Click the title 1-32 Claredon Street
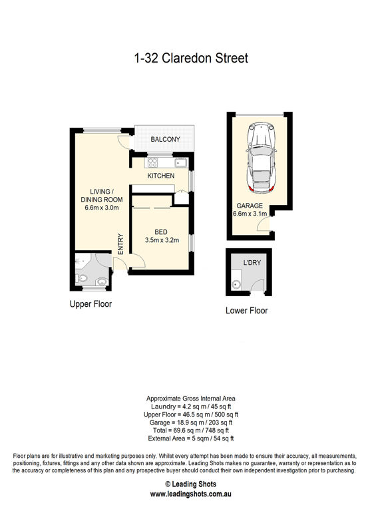tap(191, 58)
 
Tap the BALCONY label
tap(165, 139)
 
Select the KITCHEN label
tap(161, 176)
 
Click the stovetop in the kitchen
tap(152, 162)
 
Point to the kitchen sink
tap(181, 162)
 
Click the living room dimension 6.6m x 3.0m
tap(102, 208)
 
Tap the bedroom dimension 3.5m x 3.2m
tap(162, 240)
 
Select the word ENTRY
tap(120, 244)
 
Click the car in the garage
tap(261, 158)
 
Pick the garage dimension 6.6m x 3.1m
tap(250, 214)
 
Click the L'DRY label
tap(252, 262)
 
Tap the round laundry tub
tap(236, 284)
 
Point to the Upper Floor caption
tap(91, 303)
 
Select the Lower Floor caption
tap(247, 310)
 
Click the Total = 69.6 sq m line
tap(190, 431)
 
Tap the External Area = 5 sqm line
tap(190, 438)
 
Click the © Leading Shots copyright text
tap(190, 484)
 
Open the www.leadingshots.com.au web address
tap(190, 494)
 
